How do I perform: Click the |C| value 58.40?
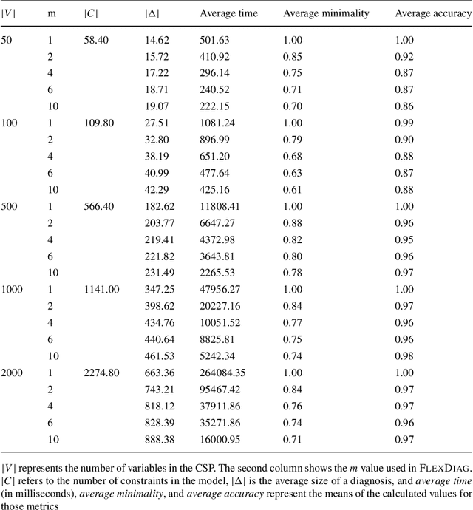tap(95, 39)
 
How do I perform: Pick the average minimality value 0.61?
tap(294, 189)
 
